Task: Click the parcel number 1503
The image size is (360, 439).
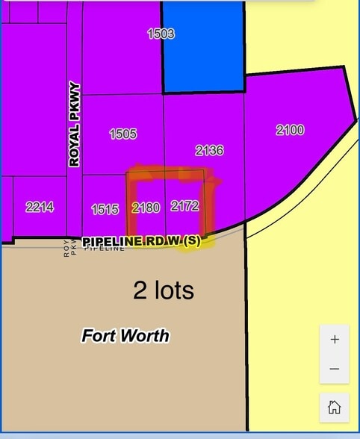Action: click(x=161, y=34)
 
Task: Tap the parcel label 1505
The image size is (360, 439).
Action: click(x=123, y=134)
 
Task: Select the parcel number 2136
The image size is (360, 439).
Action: click(x=209, y=151)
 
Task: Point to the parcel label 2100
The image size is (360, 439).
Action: click(x=290, y=130)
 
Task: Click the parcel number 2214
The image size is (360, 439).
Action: click(x=40, y=208)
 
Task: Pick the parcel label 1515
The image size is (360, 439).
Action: click(x=105, y=210)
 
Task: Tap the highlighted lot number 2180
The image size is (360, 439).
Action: click(x=146, y=208)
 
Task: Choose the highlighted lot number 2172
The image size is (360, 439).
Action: click(x=184, y=205)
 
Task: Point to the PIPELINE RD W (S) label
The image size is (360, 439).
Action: click(x=142, y=241)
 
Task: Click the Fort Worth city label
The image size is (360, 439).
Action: click(x=125, y=336)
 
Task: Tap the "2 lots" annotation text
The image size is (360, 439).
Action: click(x=163, y=290)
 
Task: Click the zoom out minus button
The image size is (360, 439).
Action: click(x=335, y=369)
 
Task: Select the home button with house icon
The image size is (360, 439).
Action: click(x=335, y=407)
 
